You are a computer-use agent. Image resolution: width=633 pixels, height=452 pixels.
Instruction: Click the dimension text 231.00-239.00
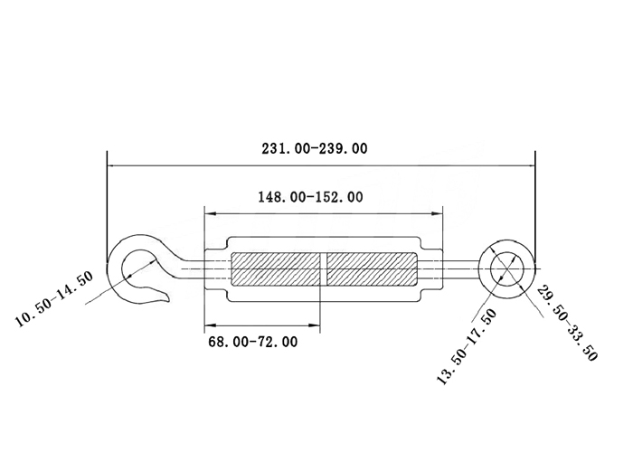click(x=315, y=148)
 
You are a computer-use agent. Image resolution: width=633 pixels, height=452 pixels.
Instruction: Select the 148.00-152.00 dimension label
click(x=310, y=197)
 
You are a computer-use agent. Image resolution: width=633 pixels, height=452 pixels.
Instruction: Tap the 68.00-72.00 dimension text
click(x=252, y=342)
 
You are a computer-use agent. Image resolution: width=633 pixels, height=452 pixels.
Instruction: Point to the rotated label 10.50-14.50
click(x=54, y=298)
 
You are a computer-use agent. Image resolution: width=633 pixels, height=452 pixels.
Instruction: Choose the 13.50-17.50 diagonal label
click(x=467, y=347)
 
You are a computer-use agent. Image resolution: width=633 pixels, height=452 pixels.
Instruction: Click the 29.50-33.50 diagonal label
click(x=566, y=323)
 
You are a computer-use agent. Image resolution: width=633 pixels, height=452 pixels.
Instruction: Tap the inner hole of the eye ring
click(x=507, y=268)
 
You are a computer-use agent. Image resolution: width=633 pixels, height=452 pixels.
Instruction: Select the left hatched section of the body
click(x=276, y=268)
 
